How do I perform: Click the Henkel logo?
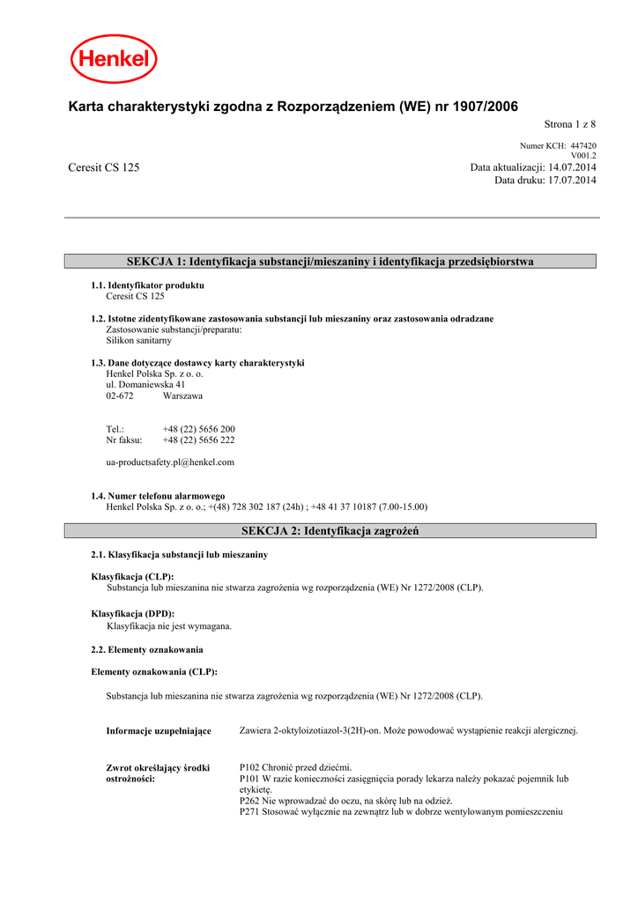tap(114, 60)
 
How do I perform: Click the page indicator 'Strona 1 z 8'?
tap(565, 125)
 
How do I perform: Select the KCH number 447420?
tap(583, 146)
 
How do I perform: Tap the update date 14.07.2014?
tap(572, 167)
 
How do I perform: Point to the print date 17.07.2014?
tap(572, 181)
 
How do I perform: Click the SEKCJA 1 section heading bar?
tap(330, 262)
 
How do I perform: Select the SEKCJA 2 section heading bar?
tap(330, 531)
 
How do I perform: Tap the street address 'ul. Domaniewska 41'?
tap(145, 385)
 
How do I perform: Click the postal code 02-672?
tap(120, 396)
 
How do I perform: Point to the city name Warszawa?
tap(182, 396)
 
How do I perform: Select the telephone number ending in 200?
tap(198, 429)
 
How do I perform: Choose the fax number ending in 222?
tap(198, 440)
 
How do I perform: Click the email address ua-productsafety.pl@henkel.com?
tap(170, 462)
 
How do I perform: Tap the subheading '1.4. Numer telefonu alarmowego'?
tap(158, 496)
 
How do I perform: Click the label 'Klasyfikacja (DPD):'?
tap(133, 613)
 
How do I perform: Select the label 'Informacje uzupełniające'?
tap(159, 731)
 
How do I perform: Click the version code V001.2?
tap(583, 156)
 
